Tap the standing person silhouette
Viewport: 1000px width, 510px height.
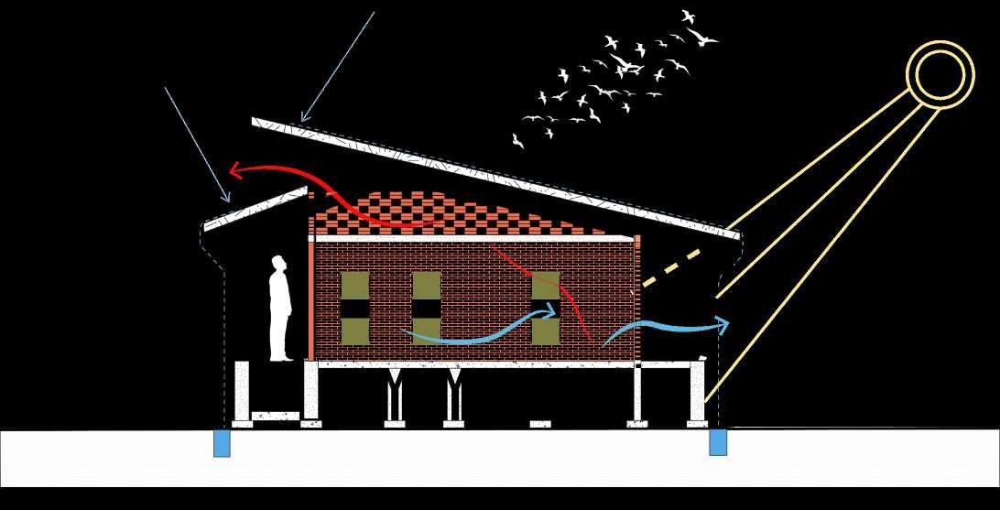pyautogui.click(x=280, y=310)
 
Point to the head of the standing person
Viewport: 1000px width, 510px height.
pyautogui.click(x=279, y=266)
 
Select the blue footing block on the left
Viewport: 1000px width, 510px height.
pyautogui.click(x=222, y=442)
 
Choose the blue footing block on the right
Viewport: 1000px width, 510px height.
pyautogui.click(x=719, y=442)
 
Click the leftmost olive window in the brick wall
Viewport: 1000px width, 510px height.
pyautogui.click(x=354, y=308)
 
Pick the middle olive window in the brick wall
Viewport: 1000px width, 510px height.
pyautogui.click(x=426, y=308)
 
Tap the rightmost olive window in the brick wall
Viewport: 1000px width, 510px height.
pyautogui.click(x=546, y=308)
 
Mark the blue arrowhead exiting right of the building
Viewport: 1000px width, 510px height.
pyautogui.click(x=723, y=324)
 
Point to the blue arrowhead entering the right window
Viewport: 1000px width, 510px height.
pyautogui.click(x=549, y=311)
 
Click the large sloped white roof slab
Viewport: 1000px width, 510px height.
pyautogui.click(x=495, y=174)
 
